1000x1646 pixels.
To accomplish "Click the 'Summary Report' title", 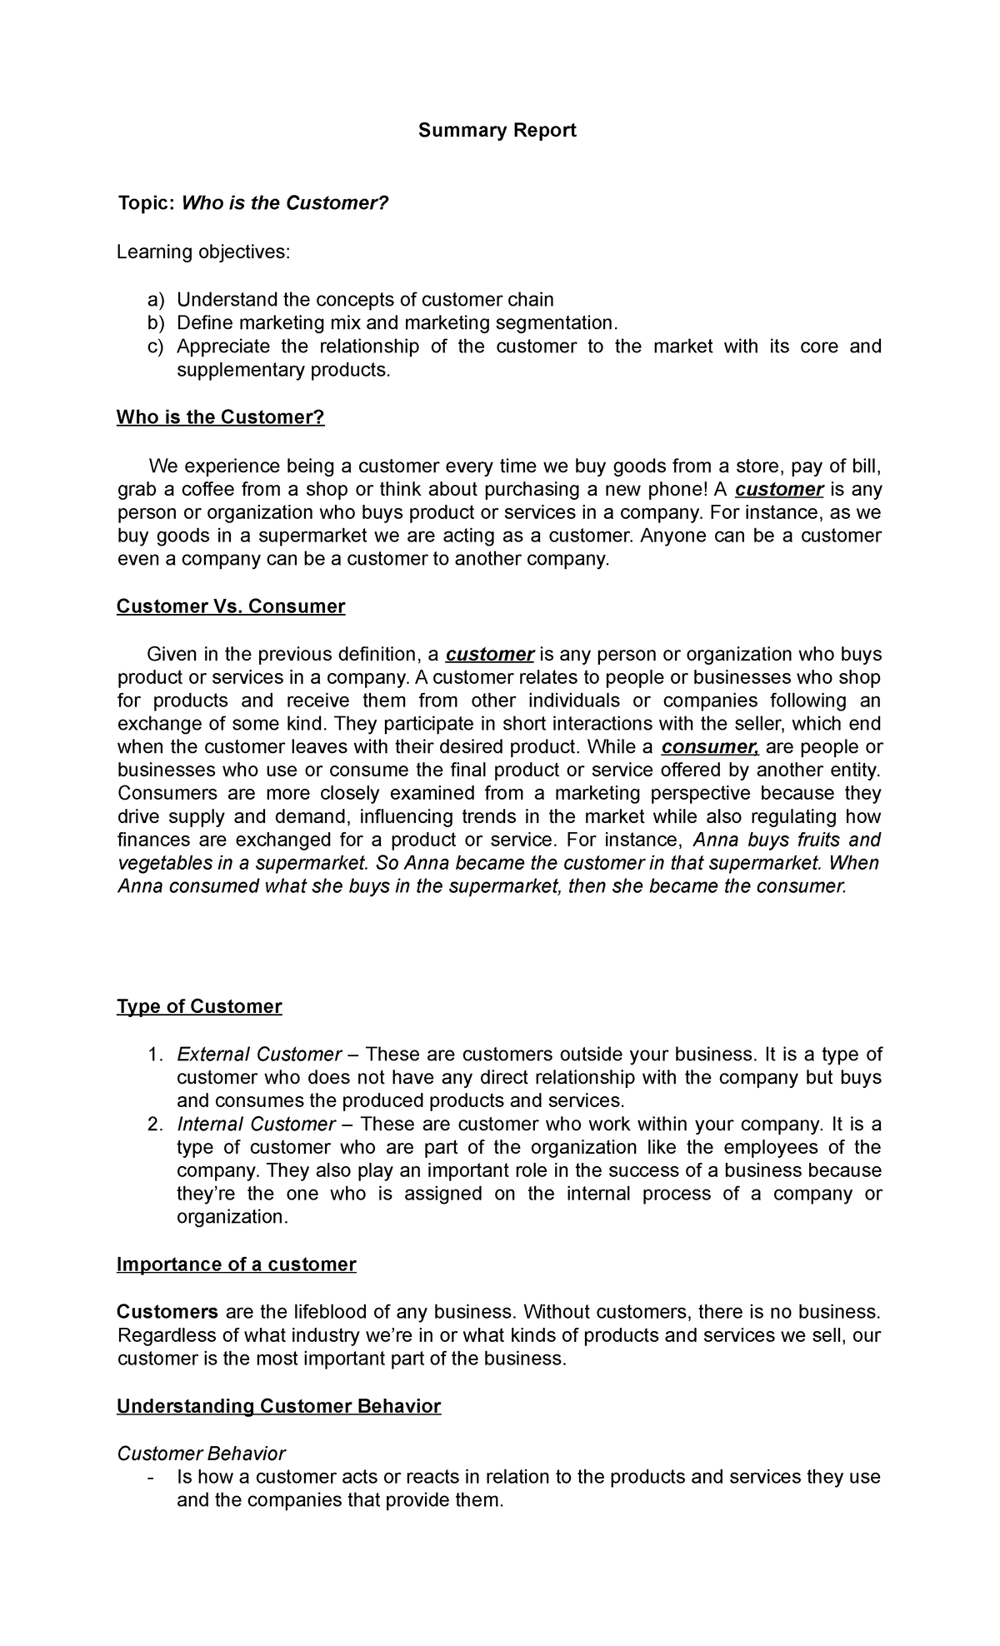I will click(497, 131).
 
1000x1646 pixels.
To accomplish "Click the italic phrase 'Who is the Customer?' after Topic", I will click(285, 203).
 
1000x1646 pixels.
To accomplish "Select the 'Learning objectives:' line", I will click(203, 252).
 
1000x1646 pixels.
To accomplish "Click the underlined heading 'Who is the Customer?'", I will click(220, 417).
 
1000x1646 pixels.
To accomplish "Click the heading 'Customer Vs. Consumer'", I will click(230, 606).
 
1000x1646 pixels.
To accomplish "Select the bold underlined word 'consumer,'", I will click(709, 747).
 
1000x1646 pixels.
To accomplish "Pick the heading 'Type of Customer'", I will click(199, 1007).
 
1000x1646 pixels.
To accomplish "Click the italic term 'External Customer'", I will click(259, 1055).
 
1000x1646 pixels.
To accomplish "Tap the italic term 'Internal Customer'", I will click(256, 1125).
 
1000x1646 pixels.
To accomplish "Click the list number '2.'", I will click(155, 1125).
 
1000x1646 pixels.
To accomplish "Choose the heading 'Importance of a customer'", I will click(236, 1264).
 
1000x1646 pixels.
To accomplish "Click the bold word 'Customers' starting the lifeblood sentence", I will click(167, 1312).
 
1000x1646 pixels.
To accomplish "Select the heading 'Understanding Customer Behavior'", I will click(278, 1407).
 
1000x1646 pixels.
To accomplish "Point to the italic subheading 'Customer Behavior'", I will click(201, 1454).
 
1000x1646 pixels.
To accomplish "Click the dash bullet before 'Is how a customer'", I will click(149, 1478).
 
